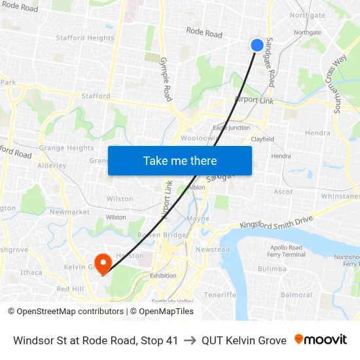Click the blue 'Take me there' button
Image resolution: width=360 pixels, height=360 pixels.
click(x=180, y=160)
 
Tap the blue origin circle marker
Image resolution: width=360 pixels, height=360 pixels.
click(x=257, y=45)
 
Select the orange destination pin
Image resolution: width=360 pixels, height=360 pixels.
click(x=103, y=264)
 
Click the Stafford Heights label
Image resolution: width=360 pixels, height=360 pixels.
click(x=85, y=38)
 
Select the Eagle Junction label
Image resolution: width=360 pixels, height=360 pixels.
click(x=232, y=128)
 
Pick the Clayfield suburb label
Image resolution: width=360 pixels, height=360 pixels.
click(x=262, y=139)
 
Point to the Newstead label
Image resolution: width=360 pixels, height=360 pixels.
click(x=213, y=249)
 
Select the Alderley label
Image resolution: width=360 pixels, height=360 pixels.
click(x=52, y=166)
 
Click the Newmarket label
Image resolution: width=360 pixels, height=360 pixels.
click(x=69, y=212)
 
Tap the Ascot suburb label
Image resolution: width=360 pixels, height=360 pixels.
click(x=283, y=192)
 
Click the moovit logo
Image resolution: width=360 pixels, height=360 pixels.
click(x=321, y=340)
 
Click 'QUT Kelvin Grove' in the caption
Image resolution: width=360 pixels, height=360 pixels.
click(x=243, y=340)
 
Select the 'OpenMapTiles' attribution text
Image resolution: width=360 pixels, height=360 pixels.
click(x=162, y=312)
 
